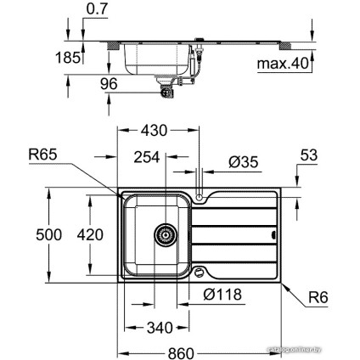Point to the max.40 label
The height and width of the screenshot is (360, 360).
coord(282,65)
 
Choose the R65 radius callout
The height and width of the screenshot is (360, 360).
coord(42,155)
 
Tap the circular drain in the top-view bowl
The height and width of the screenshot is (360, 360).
coord(166,234)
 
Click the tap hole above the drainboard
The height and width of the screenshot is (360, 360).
coord(199,198)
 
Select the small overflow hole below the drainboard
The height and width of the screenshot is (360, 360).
coord(199,273)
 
